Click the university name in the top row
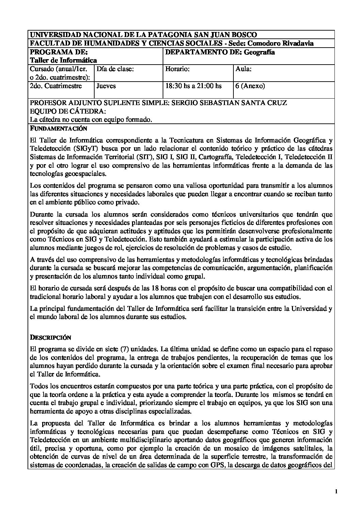coord(143,35)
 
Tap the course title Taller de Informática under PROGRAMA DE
coord(63,60)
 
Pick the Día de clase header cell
coord(115,69)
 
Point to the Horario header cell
coord(177,69)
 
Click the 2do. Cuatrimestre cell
coord(56,86)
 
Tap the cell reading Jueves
coord(106,86)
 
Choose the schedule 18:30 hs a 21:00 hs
coord(193,86)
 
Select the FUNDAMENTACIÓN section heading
coord(59,129)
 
